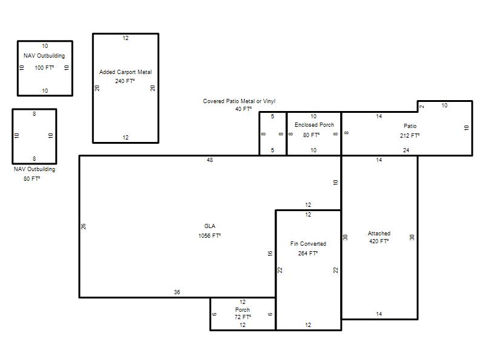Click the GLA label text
coord(210,226)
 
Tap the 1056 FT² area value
coord(209,236)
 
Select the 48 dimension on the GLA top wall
coord(210,160)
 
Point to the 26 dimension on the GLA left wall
coord(84,226)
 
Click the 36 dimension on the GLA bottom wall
coord(177,292)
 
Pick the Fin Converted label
coord(308,244)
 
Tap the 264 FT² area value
coord(308,254)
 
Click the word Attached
coord(379,234)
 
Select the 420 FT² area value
coord(379,241)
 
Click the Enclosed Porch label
coord(314,125)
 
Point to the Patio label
coord(410,126)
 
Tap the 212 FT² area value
coord(410,135)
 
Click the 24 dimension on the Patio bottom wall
coord(406,150)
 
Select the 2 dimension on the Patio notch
coord(422,107)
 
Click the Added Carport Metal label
coord(125,72)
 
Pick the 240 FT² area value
coord(125,81)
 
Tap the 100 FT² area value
coord(44,68)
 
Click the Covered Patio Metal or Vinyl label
coord(239,101)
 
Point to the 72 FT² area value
coord(243,317)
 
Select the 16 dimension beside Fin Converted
coord(270,254)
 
